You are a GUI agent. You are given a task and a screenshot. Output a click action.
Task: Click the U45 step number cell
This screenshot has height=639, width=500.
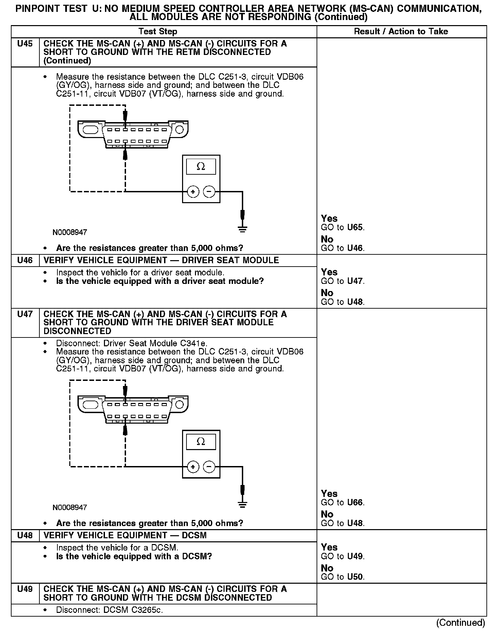25,44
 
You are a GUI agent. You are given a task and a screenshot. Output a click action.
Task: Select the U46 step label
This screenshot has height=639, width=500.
25,260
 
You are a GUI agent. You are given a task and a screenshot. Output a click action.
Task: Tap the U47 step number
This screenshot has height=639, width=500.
25,314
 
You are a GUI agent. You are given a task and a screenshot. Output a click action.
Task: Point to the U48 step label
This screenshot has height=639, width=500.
25,536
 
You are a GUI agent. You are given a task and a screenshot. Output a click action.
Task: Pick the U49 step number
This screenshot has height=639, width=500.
25,589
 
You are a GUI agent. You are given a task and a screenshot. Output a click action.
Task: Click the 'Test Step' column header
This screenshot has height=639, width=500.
158,32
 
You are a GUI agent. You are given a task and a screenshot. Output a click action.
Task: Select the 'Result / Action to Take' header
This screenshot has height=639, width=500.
401,32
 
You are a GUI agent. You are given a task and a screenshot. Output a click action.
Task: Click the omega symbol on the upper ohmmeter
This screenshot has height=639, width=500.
201,167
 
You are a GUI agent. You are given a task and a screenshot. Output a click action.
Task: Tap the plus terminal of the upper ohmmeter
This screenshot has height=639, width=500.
193,192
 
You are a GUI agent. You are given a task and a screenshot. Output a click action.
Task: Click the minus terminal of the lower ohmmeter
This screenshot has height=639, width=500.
209,467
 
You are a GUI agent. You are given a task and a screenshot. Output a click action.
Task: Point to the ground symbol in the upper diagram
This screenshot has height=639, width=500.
242,229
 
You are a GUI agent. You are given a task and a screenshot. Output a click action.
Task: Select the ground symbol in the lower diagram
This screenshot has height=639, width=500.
242,504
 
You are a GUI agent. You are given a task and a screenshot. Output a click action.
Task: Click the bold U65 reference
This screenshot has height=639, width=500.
355,228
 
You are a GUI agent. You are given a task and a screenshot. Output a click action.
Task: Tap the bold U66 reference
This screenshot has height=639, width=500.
355,503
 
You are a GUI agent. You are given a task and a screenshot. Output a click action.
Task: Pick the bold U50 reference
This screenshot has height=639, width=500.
355,577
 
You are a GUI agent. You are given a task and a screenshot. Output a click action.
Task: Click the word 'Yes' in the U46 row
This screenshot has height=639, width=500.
329,272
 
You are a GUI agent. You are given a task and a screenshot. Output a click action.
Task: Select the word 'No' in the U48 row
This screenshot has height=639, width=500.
327,568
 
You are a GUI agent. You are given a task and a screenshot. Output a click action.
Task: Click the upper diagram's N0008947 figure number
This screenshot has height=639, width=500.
70,233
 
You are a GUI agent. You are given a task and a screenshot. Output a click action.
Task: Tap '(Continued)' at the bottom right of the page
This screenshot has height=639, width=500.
461,623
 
